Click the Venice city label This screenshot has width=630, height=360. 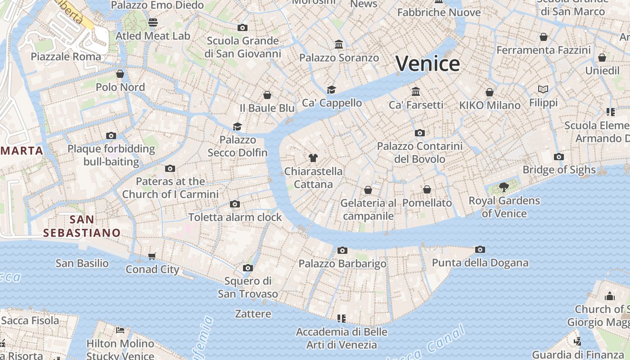(x=427, y=63)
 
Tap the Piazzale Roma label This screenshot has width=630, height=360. (x=66, y=57)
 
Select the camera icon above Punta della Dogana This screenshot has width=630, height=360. (x=480, y=249)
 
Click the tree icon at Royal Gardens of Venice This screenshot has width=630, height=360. (x=504, y=187)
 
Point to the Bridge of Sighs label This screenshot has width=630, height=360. (x=559, y=170)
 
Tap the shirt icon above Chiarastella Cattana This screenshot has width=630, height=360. (x=313, y=157)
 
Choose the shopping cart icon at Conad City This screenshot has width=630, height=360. (x=152, y=256)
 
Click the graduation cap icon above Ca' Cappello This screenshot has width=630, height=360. (x=332, y=90)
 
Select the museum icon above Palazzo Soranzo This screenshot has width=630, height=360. (x=339, y=44)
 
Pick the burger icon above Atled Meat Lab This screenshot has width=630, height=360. (x=153, y=22)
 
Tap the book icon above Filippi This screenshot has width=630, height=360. (x=543, y=90)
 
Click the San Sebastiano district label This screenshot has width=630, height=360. (x=82, y=226)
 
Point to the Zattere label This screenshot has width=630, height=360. (x=253, y=314)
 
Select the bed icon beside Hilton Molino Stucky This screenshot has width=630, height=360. (x=120, y=330)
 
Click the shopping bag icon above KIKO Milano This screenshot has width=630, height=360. (x=490, y=92)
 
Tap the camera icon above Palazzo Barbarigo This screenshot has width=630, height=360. (x=342, y=250)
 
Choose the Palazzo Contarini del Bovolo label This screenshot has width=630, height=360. (x=419, y=153)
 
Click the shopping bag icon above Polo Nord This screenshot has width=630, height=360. (x=120, y=73)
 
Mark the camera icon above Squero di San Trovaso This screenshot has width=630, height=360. (x=247, y=268)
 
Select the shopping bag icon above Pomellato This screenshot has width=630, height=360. (x=427, y=189)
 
